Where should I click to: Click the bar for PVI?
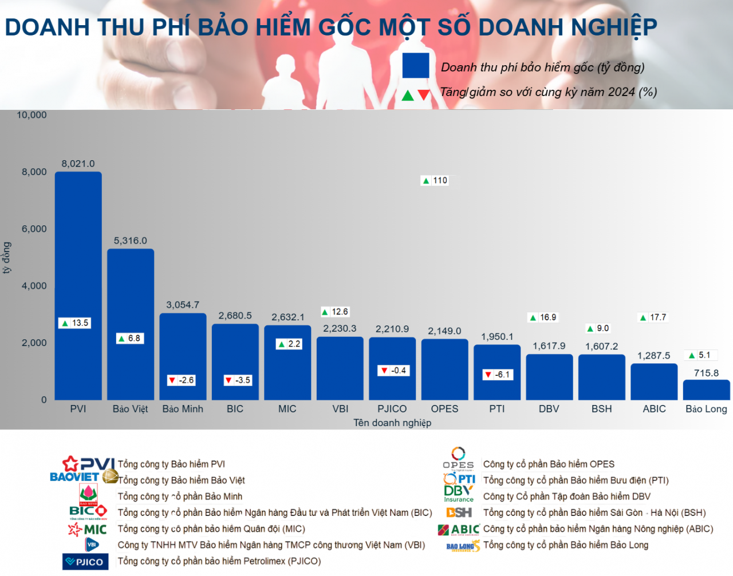click(78, 286)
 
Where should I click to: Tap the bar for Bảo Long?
click(706, 390)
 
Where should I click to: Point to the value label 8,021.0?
click(78, 164)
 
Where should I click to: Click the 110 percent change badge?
click(435, 181)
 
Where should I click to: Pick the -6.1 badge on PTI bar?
click(498, 375)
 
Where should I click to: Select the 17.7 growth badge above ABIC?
click(653, 317)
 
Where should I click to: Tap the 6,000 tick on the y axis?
click(34, 229)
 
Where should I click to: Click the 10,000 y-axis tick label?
click(31, 115)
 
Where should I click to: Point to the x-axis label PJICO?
click(392, 409)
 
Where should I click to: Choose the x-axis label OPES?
click(445, 409)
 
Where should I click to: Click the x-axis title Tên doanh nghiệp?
click(392, 423)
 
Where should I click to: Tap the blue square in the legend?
click(416, 65)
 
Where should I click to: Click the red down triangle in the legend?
click(424, 95)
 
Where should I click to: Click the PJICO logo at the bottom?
click(85, 562)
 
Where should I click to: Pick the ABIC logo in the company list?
click(459, 530)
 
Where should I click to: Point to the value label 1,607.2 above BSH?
click(601, 347)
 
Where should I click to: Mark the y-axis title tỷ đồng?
click(7, 257)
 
